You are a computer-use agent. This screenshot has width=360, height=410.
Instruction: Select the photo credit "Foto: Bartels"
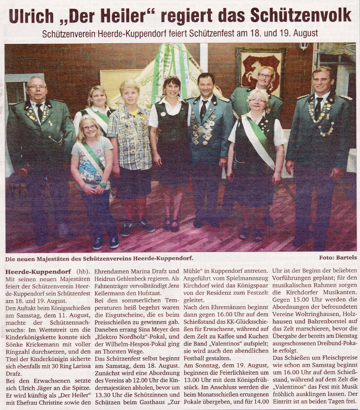pos(338,258)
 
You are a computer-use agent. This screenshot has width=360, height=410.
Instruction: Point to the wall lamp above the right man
pos(304,46)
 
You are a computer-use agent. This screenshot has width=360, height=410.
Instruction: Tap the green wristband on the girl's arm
pos(102,185)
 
